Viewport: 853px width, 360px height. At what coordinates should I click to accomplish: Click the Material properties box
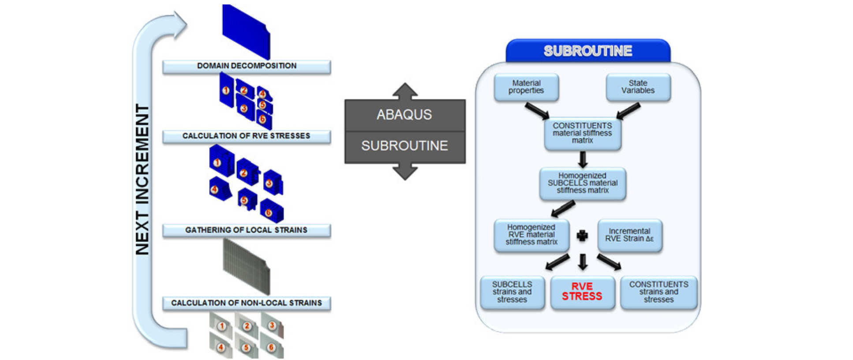tap(526, 87)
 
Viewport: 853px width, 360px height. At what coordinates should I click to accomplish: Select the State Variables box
tap(638, 87)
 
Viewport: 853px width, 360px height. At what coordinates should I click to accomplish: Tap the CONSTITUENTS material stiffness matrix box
tap(582, 133)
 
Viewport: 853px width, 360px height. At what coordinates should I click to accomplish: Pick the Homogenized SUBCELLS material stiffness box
tap(582, 183)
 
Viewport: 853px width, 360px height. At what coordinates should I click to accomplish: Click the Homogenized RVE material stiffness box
tap(531, 235)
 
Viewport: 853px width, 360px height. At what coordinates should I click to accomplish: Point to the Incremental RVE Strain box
tap(629, 235)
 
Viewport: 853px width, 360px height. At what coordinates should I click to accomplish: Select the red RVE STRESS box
tap(582, 292)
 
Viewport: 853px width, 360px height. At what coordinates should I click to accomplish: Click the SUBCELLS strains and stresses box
tap(512, 292)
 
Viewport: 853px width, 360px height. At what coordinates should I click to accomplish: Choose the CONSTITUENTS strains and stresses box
tap(658, 292)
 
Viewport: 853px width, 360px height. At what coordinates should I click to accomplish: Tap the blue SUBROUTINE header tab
tap(588, 51)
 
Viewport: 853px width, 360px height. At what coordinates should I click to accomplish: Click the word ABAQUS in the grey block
tap(404, 115)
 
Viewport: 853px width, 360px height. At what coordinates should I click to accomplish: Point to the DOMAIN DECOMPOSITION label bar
tap(247, 66)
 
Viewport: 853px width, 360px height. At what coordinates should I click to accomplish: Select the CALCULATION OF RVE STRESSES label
tap(247, 136)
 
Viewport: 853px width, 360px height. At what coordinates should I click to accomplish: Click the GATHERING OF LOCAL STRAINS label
tap(247, 230)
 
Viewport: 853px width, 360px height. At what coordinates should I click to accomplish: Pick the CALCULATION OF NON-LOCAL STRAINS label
tap(247, 303)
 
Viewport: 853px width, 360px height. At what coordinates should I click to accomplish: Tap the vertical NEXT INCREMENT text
tap(142, 179)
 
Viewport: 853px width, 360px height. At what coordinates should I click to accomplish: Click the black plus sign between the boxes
tap(582, 236)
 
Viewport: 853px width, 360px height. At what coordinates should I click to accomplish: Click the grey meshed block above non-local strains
tap(247, 266)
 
